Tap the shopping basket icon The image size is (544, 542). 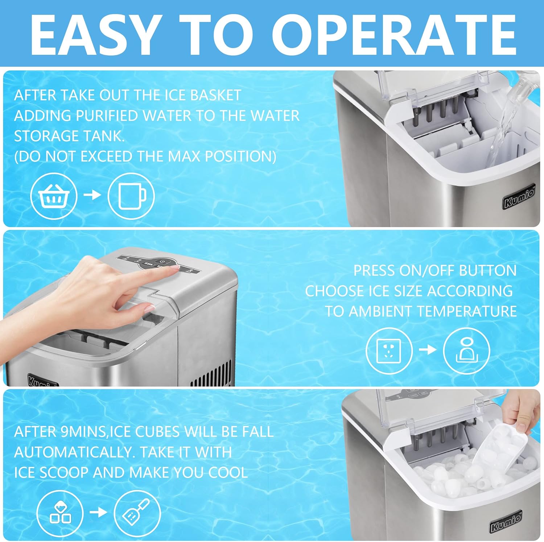pos(54,196)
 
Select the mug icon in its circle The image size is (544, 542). pos(131,196)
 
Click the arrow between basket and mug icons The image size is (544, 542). pos(92,195)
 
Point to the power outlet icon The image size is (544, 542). pos(389,350)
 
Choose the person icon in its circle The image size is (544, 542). pos(466,350)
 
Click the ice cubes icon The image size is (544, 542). pos(60,513)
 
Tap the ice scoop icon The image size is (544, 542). pos(137,513)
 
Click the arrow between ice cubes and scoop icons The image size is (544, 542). pos(98,512)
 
